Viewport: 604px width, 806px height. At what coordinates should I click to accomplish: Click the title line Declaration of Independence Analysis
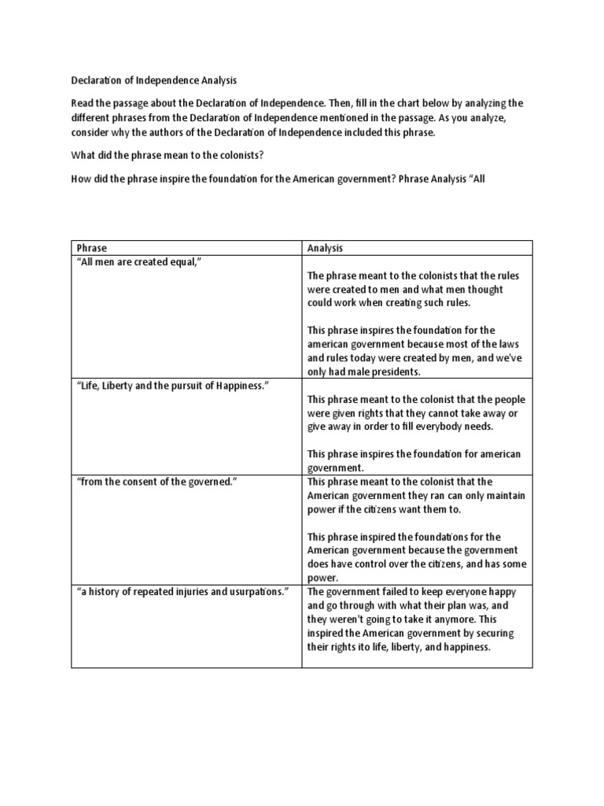click(153, 80)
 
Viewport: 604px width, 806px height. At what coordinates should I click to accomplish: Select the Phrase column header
click(91, 248)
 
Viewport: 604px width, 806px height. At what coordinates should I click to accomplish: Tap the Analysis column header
click(325, 248)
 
